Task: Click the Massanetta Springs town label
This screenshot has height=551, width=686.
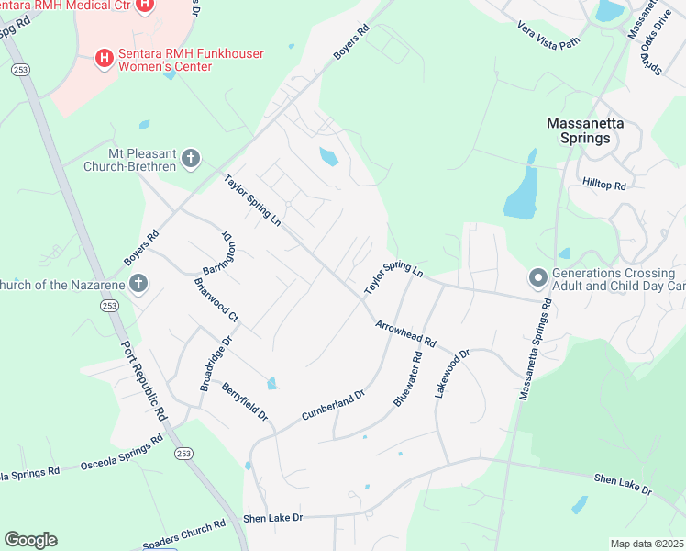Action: [578, 129]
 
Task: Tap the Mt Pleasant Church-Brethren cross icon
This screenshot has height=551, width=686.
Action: [191, 159]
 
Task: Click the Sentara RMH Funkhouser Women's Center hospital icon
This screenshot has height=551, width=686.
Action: [105, 59]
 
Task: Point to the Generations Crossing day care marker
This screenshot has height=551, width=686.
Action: [537, 276]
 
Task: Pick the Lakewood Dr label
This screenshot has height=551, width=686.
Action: [452, 371]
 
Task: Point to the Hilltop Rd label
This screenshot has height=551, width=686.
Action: [604, 185]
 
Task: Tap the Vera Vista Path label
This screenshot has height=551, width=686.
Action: [549, 35]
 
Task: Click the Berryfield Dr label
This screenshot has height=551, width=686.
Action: [244, 402]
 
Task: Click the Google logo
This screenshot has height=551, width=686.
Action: [30, 540]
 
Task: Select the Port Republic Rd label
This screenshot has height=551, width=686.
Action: [145, 383]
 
